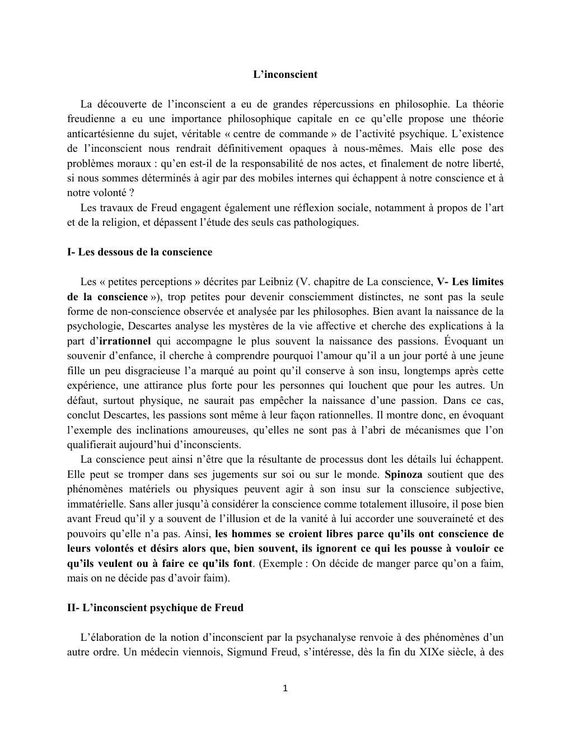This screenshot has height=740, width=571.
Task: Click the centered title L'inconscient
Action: click(x=285, y=75)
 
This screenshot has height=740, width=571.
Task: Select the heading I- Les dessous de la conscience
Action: click(x=139, y=252)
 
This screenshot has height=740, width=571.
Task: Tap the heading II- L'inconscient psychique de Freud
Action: click(x=155, y=608)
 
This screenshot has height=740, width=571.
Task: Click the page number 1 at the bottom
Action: click(x=285, y=688)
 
